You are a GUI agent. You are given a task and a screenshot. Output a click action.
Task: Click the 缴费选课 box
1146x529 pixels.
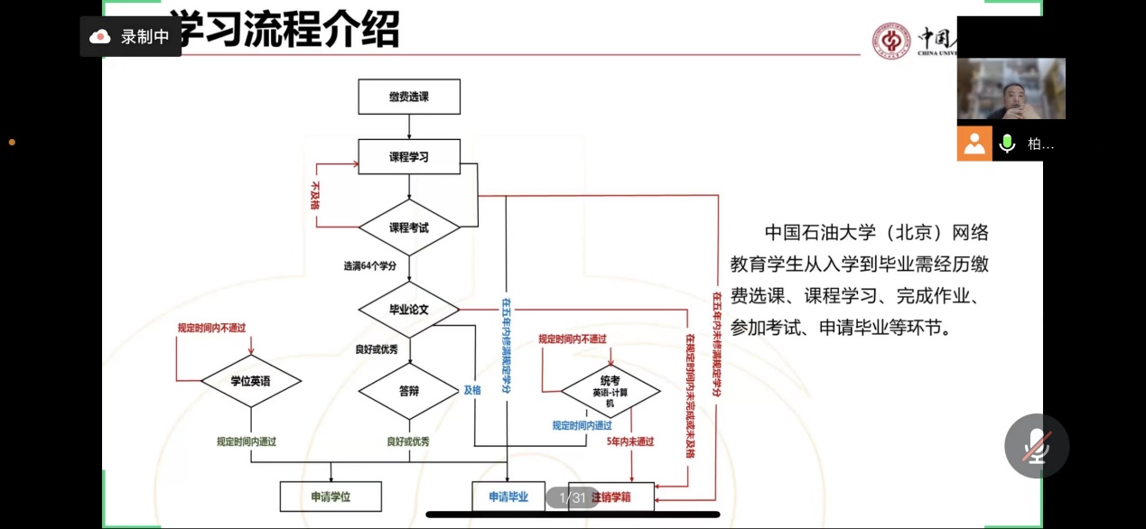tap(409, 97)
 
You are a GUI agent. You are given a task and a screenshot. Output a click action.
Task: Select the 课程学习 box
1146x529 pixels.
tap(409, 156)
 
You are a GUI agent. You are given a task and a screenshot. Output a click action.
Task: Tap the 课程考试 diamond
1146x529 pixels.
tap(409, 227)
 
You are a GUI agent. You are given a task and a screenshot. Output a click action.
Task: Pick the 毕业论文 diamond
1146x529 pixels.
tap(409, 310)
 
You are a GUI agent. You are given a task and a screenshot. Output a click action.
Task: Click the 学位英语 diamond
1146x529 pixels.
tap(250, 382)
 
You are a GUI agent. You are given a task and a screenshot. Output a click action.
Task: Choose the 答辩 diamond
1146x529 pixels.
tap(409, 392)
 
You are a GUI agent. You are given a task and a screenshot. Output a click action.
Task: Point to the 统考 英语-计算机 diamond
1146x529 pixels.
tap(610, 391)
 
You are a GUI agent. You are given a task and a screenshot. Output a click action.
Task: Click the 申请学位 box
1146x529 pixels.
tap(331, 497)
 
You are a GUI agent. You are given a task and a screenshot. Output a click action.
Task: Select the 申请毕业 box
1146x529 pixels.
tap(508, 497)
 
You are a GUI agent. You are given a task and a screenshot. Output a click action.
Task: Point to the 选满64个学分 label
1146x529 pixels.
tap(370, 266)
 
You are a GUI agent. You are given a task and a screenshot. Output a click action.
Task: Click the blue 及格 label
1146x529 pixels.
tap(472, 391)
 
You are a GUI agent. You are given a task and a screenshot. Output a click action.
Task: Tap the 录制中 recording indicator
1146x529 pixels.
tap(130, 37)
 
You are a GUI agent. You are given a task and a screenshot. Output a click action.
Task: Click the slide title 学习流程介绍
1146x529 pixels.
tap(284, 30)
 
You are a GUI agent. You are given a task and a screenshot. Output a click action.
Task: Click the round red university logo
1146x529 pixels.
tap(891, 41)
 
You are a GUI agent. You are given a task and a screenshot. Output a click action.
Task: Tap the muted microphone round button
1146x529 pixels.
tap(1037, 446)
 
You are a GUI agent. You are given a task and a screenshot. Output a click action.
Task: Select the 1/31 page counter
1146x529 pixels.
tap(573, 497)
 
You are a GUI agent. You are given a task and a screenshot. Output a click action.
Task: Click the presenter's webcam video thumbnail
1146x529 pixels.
tap(1011, 88)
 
